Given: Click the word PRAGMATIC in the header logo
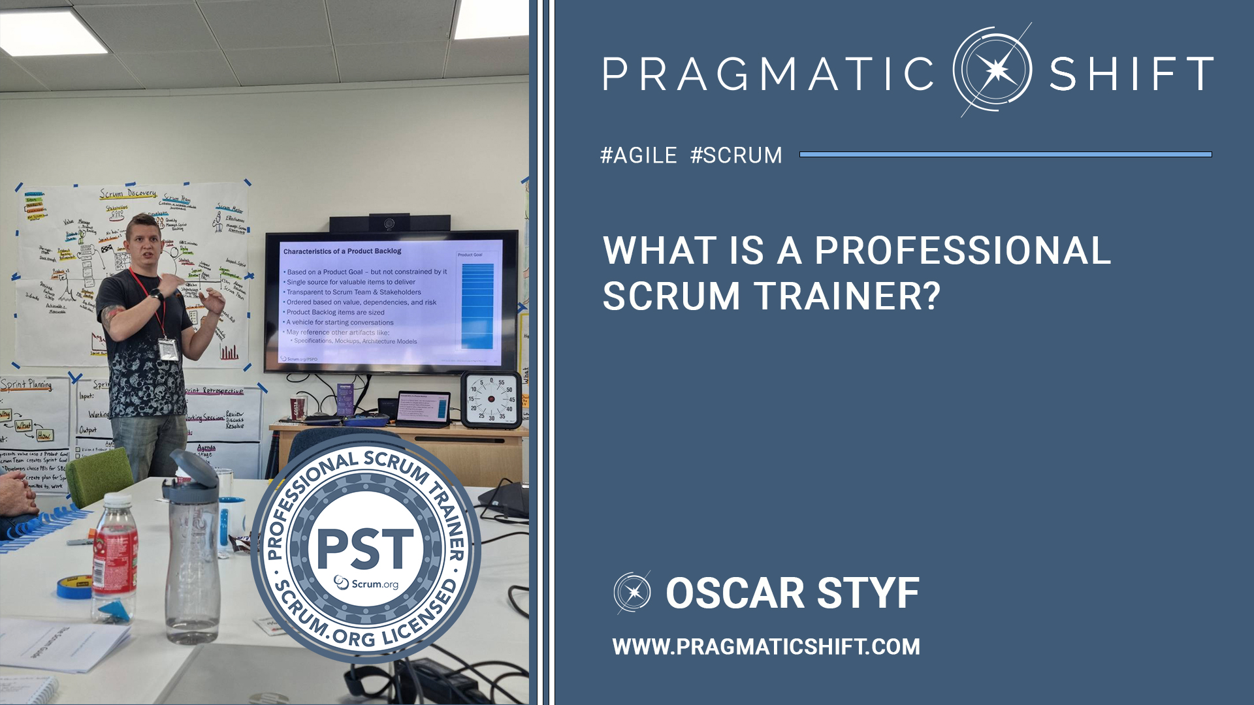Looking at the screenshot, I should point(768,74).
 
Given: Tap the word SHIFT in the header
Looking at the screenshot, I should point(1131,74).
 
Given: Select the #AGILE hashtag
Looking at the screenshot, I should point(639,155).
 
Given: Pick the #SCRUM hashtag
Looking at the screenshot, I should point(736,155).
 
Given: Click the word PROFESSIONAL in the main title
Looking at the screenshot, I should point(963,251).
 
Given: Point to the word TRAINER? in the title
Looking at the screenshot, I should point(848,296).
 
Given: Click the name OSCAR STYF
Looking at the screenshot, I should point(792,593).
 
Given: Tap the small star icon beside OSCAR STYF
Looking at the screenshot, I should point(632,593).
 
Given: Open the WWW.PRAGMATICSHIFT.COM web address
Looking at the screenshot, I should point(766,647).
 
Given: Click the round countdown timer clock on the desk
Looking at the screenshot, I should point(492,399).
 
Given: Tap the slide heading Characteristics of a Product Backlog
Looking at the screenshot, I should point(342,251).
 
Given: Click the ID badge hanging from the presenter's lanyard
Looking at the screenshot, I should point(168,349).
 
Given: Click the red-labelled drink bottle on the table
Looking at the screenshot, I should point(115,555).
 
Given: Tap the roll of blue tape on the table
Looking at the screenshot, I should point(74,587).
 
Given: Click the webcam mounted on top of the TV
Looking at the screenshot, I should point(389,224).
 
